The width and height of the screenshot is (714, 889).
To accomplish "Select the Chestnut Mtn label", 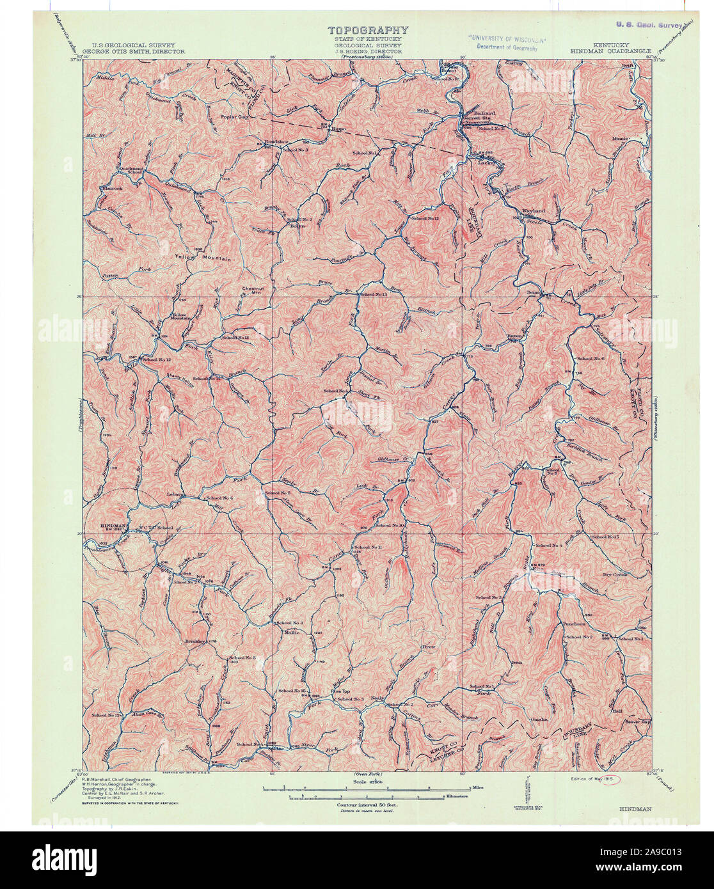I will (253, 290).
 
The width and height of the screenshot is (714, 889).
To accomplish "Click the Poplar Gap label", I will (234, 117).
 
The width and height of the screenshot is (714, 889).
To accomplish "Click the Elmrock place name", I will (111, 188).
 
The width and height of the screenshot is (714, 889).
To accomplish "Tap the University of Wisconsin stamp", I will (502, 42).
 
